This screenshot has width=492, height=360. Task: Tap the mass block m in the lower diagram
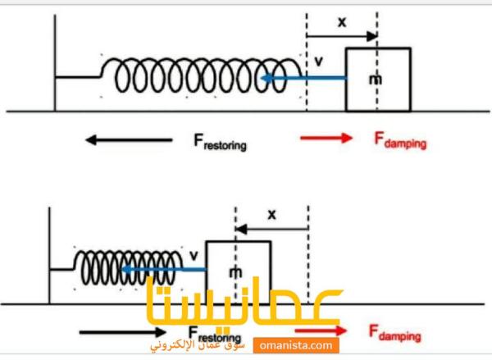click(238, 271)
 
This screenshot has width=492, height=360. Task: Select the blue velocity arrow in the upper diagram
click(303, 79)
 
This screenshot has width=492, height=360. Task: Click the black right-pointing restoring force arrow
click(123, 332)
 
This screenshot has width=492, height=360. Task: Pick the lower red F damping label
click(394, 334)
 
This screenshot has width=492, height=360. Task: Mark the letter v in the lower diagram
click(193, 253)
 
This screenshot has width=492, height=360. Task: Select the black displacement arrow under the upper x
click(342, 36)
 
